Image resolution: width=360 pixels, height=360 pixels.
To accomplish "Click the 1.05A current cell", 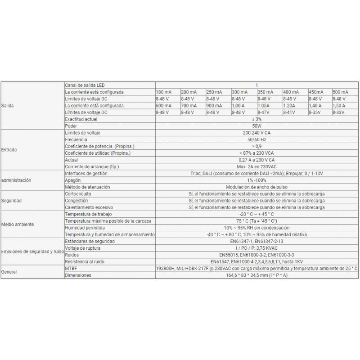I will tap(265, 105).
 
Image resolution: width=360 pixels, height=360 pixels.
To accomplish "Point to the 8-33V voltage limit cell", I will tap(339, 112).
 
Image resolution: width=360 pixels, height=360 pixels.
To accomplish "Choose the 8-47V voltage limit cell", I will tap(264, 112).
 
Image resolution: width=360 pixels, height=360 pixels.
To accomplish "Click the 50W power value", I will tap(256, 126).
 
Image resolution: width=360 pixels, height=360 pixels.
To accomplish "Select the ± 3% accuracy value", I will tap(256, 119).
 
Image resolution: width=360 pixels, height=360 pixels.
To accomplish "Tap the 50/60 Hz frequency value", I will tap(256, 140).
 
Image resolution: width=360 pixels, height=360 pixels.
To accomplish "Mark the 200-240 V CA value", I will tap(256, 133).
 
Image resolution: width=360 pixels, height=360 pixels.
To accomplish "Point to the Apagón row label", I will tap(73, 180).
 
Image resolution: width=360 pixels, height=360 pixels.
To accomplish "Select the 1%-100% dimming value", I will tap(256, 180).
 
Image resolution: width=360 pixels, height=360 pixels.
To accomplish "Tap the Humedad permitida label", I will tap(86, 228).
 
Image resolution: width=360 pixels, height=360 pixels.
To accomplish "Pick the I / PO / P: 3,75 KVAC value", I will tap(256, 248).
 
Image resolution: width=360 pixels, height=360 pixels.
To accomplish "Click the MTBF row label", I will tap(71, 268).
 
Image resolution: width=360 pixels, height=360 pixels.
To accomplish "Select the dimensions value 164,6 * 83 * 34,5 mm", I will tap(256, 275).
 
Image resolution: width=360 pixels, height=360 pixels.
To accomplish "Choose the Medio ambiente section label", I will tap(18, 224).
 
